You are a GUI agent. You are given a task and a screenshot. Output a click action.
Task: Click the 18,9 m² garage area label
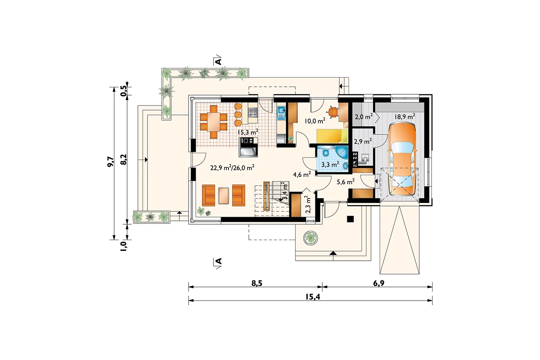tap(405, 116)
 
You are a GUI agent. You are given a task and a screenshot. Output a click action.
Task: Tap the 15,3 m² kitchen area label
tap(248, 132)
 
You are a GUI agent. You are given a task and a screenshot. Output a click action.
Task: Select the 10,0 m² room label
tap(315, 120)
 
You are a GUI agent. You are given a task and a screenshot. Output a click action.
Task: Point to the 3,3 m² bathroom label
tap(330, 164)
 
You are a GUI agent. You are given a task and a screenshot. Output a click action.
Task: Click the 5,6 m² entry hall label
tap(346, 181)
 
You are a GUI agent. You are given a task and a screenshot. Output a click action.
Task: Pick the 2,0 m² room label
tap(364, 117)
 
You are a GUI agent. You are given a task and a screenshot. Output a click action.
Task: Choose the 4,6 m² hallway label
tap(302, 174)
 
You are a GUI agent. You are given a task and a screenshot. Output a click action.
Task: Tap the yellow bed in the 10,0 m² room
tap(332, 137)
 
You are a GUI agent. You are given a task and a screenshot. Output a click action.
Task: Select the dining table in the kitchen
tap(214, 121)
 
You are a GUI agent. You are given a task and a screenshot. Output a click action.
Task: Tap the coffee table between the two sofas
tap(223, 196)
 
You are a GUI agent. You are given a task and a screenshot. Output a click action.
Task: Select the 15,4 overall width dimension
tap(313, 297)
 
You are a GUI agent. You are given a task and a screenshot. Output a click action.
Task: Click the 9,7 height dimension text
tap(110, 162)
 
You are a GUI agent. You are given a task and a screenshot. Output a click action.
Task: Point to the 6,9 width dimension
tap(378, 283)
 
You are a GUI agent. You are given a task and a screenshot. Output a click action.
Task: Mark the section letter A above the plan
tap(218, 61)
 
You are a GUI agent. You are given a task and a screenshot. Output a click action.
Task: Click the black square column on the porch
tap(350, 219)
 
